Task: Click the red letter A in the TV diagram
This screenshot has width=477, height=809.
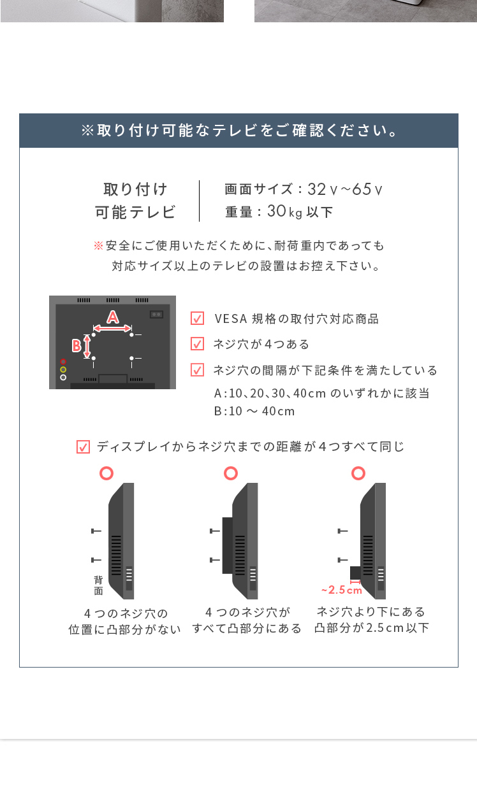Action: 113,317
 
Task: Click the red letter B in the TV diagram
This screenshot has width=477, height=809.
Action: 77,346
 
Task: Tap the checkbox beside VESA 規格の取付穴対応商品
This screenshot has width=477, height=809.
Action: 198,319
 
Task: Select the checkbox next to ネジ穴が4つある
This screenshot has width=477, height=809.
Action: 198,344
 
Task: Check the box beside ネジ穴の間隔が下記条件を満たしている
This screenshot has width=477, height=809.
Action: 198,370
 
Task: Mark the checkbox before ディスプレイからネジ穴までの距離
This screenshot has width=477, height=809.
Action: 83,447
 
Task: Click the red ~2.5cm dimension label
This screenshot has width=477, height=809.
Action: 342,590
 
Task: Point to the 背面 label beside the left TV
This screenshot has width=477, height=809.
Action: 98,585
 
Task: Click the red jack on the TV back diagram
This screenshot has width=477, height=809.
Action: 63,362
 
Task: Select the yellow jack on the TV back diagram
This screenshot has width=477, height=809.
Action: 63,369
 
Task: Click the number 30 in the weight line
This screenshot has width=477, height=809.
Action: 277,211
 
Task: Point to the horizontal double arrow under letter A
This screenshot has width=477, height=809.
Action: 112,328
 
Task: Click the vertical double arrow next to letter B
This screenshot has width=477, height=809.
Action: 87,347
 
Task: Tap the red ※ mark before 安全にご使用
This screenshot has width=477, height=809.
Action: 98,246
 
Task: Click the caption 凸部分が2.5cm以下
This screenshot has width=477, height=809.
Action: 372,628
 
